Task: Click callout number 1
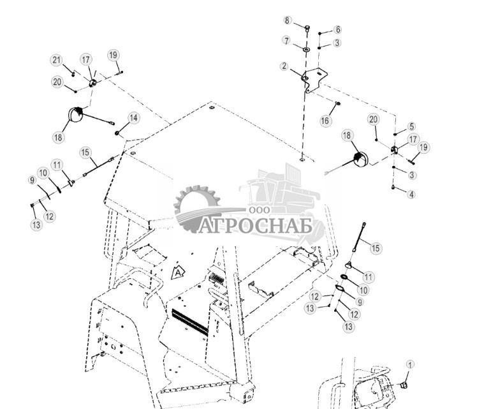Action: pos(411,364)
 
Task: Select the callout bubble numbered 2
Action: pos(284,66)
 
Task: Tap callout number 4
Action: pos(411,195)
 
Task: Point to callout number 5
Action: pos(411,127)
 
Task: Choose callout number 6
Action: pos(337,30)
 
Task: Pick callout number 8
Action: pos(288,20)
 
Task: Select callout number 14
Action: pos(133,118)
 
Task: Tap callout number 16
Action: pos(325,121)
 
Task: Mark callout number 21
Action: pos(56,61)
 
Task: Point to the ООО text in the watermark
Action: pos(258,211)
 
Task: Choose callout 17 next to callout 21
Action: pos(86,59)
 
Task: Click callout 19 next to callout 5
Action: pos(424,147)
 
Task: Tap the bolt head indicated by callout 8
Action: pos(307,28)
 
